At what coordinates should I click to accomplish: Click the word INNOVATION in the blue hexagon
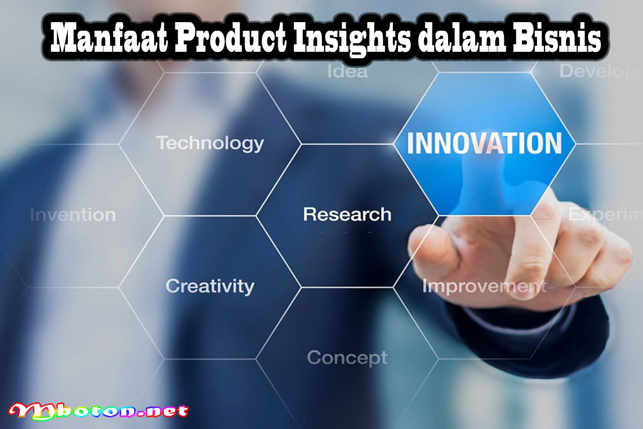484,143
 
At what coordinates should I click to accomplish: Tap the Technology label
209,143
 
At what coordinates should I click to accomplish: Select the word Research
347,215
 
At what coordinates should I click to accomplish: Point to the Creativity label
209,286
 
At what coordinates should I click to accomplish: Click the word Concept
347,358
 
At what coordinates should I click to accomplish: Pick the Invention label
72,215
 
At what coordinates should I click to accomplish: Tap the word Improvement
484,286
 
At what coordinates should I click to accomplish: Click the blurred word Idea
347,71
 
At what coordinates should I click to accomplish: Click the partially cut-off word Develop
600,71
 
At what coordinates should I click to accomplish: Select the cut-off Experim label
605,215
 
